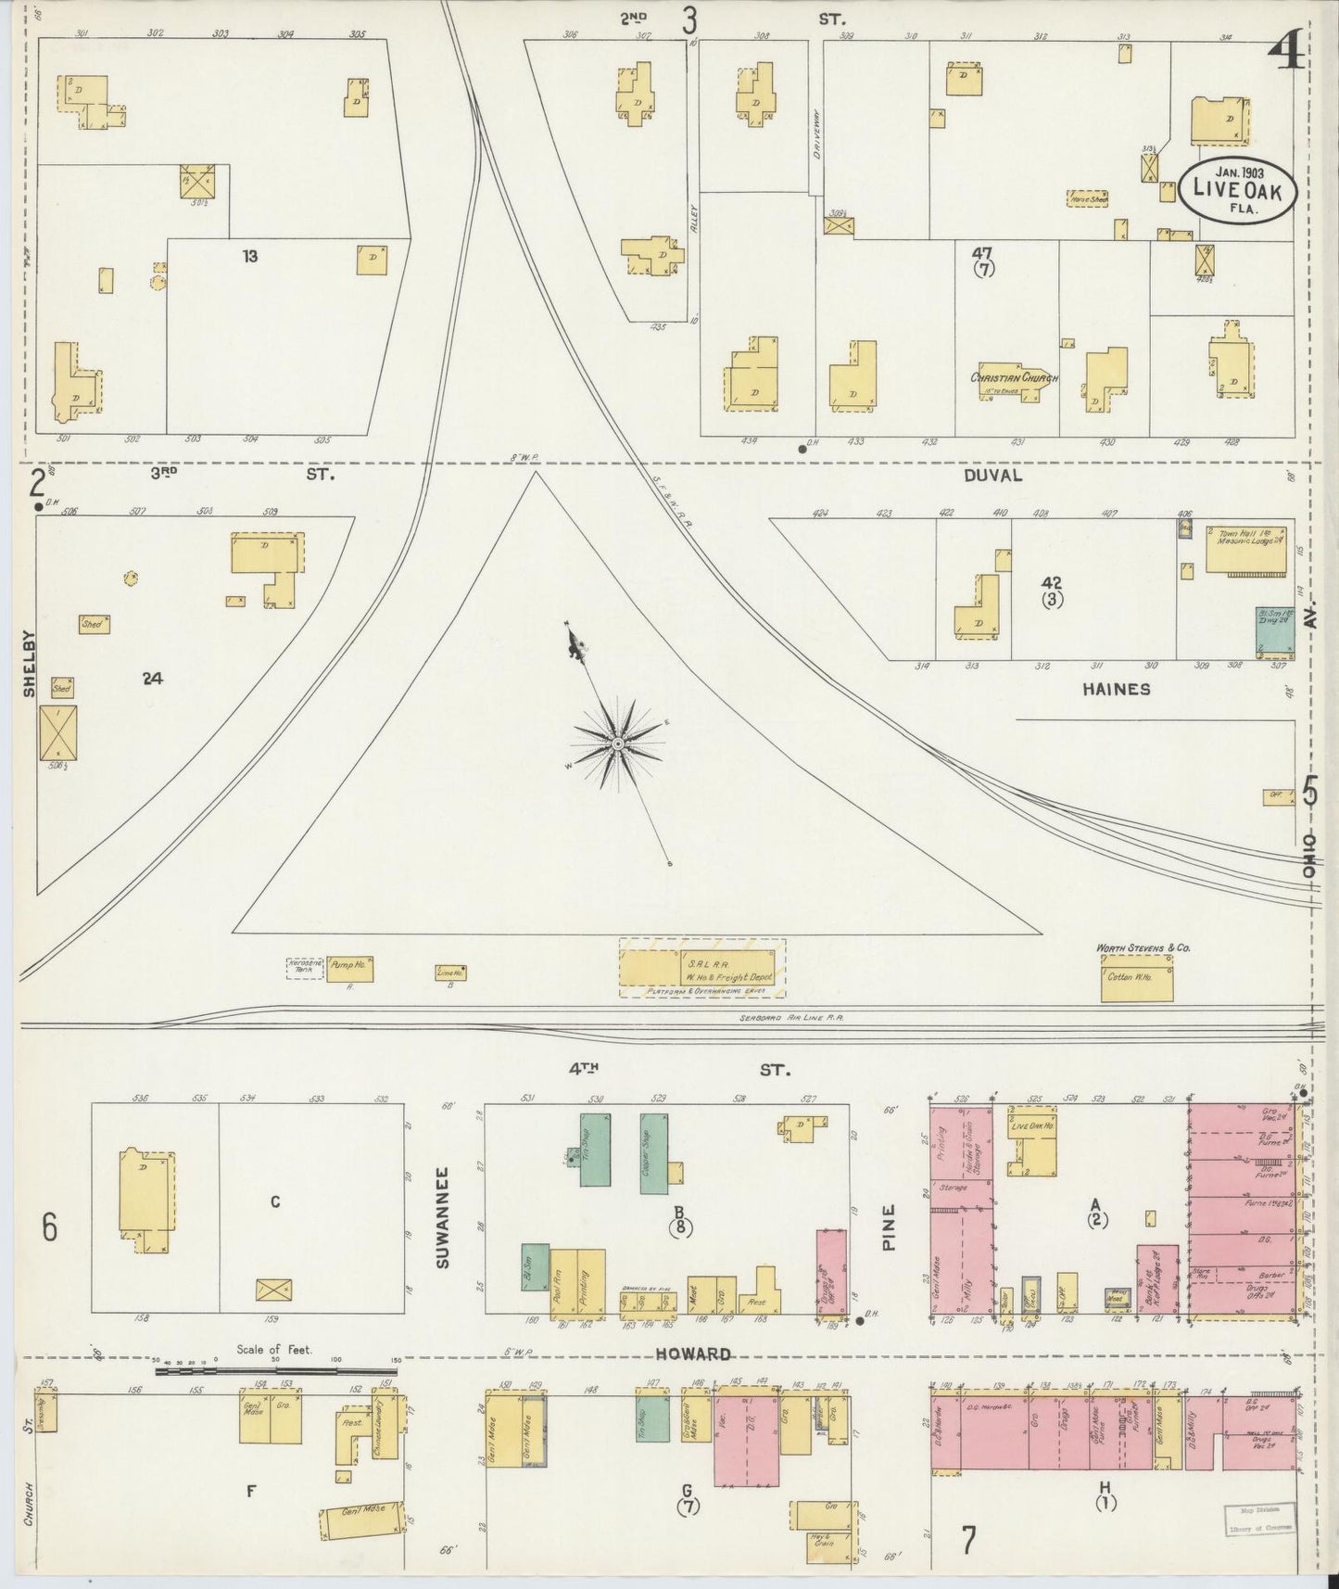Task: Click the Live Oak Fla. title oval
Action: coord(1236,188)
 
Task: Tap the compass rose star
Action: coord(617,744)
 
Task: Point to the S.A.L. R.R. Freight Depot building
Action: coord(701,968)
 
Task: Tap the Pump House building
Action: coord(348,969)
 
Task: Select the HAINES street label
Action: coord(1116,689)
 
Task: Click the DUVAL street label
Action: coord(992,475)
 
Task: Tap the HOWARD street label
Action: coord(693,1354)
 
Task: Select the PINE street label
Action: coord(890,1227)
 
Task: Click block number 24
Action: coord(153,679)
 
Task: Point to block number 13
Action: coord(249,256)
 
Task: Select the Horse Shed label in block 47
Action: coord(1088,198)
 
